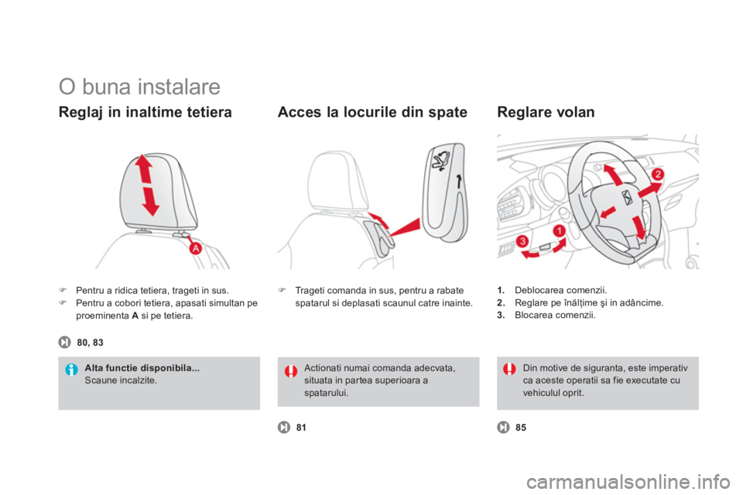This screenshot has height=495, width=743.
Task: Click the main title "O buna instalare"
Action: (x=139, y=84)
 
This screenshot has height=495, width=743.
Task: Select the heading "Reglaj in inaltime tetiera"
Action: (x=145, y=113)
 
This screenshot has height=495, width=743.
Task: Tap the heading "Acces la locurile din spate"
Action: (x=371, y=113)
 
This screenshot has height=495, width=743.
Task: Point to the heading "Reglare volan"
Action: (x=546, y=113)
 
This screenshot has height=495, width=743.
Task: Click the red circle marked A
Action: (x=197, y=248)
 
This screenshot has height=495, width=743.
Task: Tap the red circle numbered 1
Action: (x=558, y=230)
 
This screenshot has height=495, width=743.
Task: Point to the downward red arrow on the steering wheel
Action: (x=639, y=227)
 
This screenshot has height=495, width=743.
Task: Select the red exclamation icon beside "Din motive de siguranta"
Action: (x=509, y=370)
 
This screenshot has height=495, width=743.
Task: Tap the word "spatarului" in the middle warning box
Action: (x=326, y=394)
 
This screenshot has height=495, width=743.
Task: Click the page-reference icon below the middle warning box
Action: (x=284, y=427)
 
